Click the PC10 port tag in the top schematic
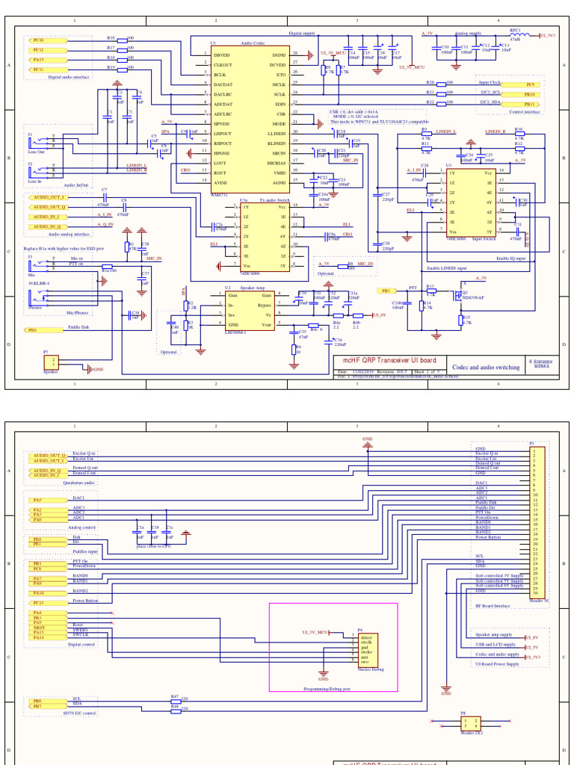click(x=37, y=40)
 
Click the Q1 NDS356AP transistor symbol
click(x=457, y=294)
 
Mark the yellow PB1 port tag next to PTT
click(x=386, y=290)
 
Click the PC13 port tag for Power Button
click(x=37, y=602)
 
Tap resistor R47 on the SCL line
click(x=175, y=699)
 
